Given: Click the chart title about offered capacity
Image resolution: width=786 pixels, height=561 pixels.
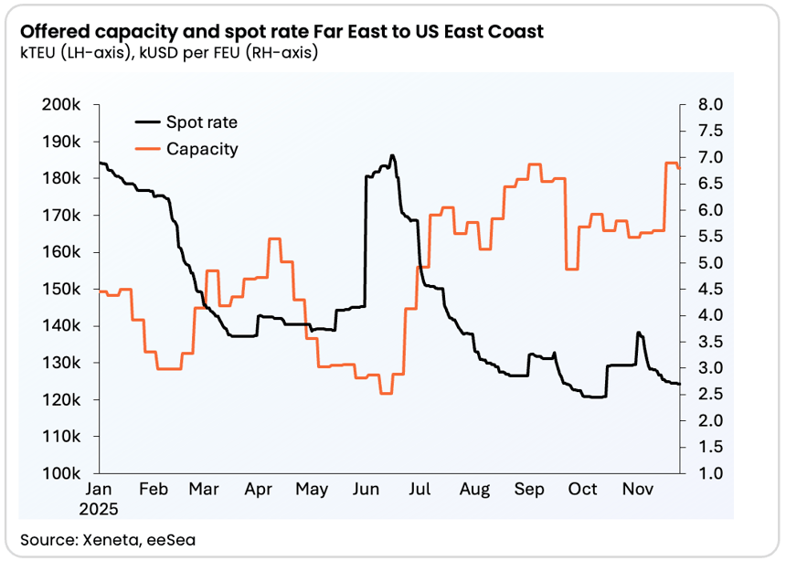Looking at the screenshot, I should point(281,32).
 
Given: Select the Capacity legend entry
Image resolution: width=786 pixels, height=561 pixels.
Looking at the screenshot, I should point(201,149).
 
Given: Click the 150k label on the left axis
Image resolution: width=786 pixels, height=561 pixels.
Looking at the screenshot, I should point(64,290).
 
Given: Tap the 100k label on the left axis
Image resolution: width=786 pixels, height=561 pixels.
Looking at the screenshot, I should point(64,474).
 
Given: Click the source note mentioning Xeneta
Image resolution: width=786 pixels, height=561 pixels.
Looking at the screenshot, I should point(108,540).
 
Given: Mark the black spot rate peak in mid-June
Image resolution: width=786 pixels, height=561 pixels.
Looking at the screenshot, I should point(391,156).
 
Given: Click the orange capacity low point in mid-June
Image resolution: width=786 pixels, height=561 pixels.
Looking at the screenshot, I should point(385,393).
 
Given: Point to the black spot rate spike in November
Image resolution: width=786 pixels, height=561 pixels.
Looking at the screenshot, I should point(638,333).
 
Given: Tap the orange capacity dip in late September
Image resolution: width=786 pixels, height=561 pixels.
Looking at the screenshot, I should point(572,269).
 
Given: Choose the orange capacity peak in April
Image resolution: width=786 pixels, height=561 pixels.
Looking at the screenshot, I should point(273,238).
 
